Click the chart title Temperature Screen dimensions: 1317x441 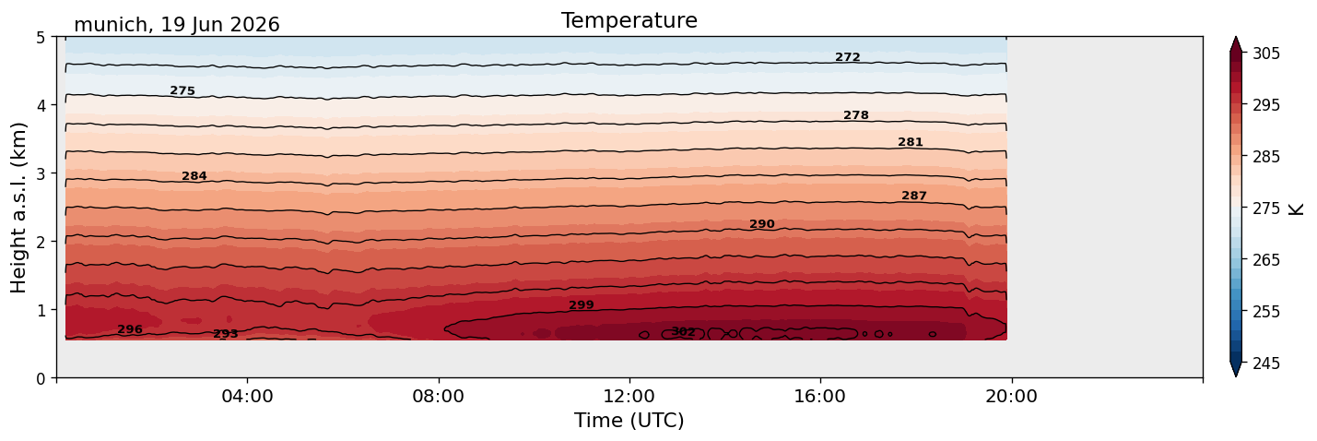tap(629, 20)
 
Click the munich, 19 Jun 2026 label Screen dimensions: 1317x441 tap(176, 25)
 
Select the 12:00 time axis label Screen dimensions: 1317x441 tap(629, 396)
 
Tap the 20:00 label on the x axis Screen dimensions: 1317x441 tap(1011, 396)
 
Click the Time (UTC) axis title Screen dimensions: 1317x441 tap(629, 421)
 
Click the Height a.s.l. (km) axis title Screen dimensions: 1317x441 tap(18, 208)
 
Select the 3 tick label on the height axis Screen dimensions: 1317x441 tap(41, 173)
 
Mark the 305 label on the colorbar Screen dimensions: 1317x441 tap(1265, 54)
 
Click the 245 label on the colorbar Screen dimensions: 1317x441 tap(1265, 364)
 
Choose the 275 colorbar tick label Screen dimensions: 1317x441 tap(1265, 209)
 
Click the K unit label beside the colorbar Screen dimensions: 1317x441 tap(1296, 209)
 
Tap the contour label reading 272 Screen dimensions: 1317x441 tap(848, 57)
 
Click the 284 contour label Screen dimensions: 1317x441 tap(194, 176)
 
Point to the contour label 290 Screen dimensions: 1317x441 tap(762, 224)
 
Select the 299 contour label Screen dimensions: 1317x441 tap(582, 305)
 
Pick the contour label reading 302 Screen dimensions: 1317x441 tap(683, 332)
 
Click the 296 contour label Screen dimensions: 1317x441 tap(130, 329)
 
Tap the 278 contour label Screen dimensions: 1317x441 tap(856, 115)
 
